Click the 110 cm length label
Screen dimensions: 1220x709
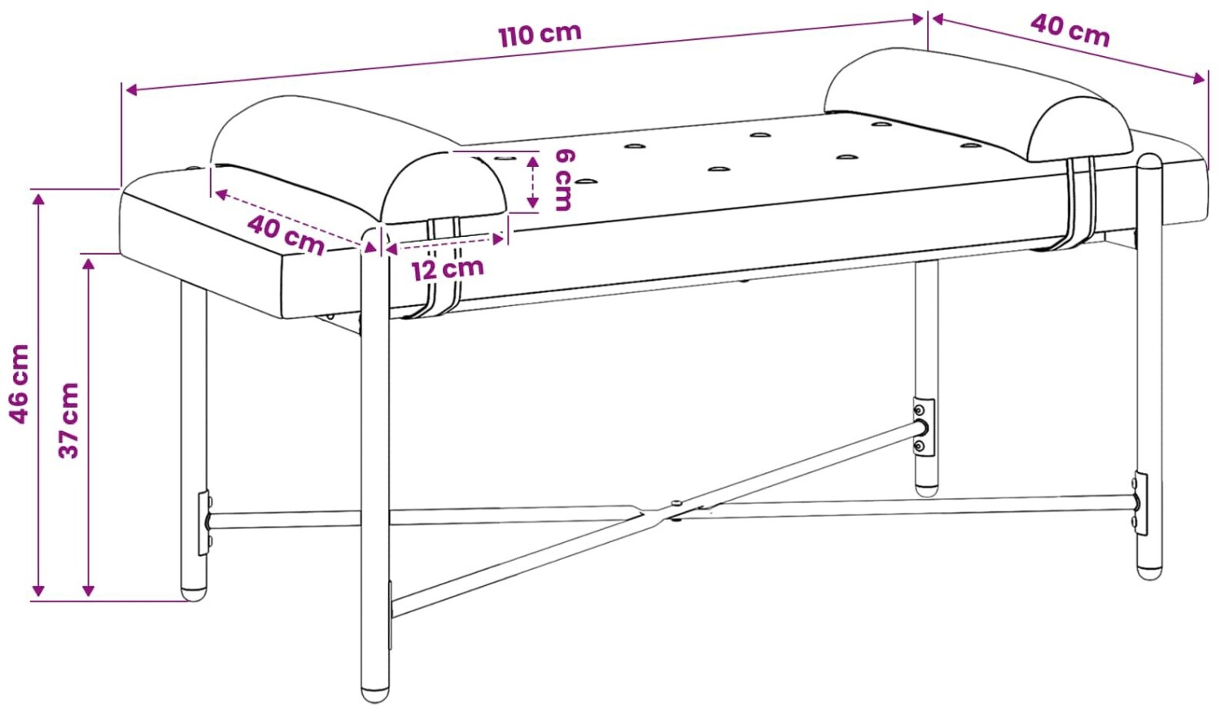click(x=540, y=34)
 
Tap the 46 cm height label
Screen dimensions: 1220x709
click(x=19, y=384)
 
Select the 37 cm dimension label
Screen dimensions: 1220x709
click(x=69, y=420)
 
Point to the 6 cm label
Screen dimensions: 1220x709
click(x=563, y=180)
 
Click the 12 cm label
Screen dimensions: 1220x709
click(x=448, y=269)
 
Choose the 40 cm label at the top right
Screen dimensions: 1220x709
click(x=1070, y=30)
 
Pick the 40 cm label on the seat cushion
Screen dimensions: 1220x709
click(x=286, y=234)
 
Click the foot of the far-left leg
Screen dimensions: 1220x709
click(x=194, y=594)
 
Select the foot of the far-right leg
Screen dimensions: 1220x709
click(x=1149, y=572)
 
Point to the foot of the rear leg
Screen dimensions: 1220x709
click(x=926, y=489)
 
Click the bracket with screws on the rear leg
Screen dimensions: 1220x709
click(x=923, y=427)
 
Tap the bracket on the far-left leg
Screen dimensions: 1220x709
click(x=204, y=523)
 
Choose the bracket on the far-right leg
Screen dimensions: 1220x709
click(x=1140, y=504)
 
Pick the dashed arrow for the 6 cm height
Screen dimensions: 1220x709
click(x=532, y=182)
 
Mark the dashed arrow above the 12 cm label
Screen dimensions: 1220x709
click(x=445, y=243)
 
